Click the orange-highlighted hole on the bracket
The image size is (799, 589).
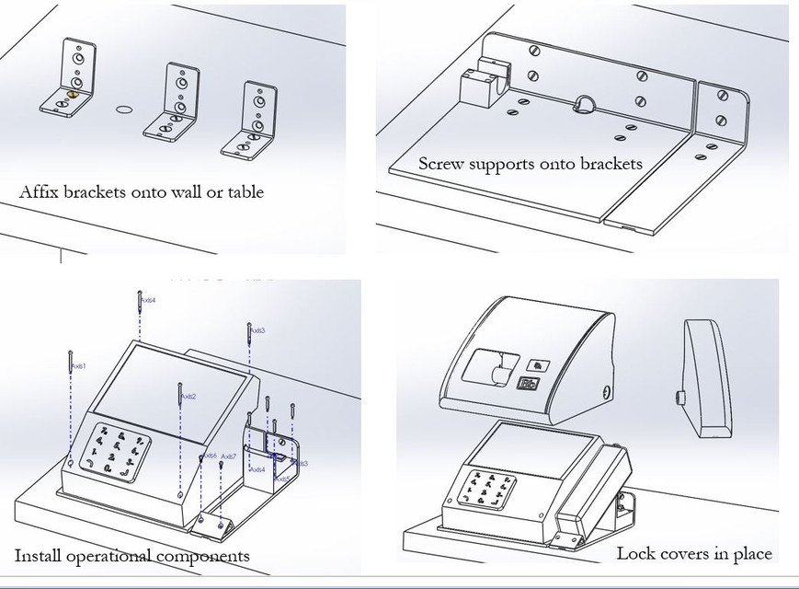pyautogui.click(x=73, y=94)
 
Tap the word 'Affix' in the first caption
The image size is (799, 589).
pyautogui.click(x=36, y=192)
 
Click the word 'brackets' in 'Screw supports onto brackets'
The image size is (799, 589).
pyautogui.click(x=610, y=165)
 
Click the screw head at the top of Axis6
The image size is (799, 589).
pyautogui.click(x=202, y=454)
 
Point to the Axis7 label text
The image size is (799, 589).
pyautogui.click(x=229, y=456)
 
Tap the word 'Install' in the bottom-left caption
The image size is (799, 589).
pyautogui.click(x=39, y=556)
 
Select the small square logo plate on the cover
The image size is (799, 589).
pyautogui.click(x=535, y=363)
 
